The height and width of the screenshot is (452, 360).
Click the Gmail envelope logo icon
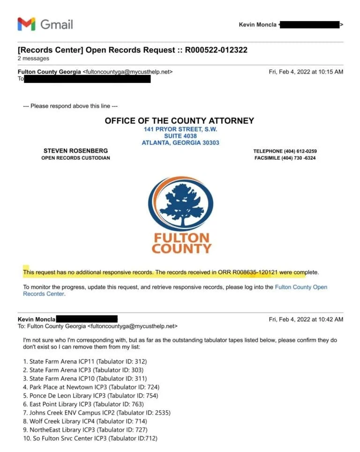26,24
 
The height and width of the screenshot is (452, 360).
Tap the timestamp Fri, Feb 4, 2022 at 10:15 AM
306,72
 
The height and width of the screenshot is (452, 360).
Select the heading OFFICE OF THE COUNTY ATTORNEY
180,121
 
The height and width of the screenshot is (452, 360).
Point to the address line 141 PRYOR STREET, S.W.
180,129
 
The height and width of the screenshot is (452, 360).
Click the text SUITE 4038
180,136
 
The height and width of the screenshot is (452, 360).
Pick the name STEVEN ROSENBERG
75,151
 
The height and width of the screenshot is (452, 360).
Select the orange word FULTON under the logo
181,237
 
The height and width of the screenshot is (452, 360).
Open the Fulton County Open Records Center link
300,287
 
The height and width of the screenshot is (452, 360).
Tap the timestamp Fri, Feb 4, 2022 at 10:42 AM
306,319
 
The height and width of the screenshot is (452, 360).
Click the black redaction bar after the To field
87,79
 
